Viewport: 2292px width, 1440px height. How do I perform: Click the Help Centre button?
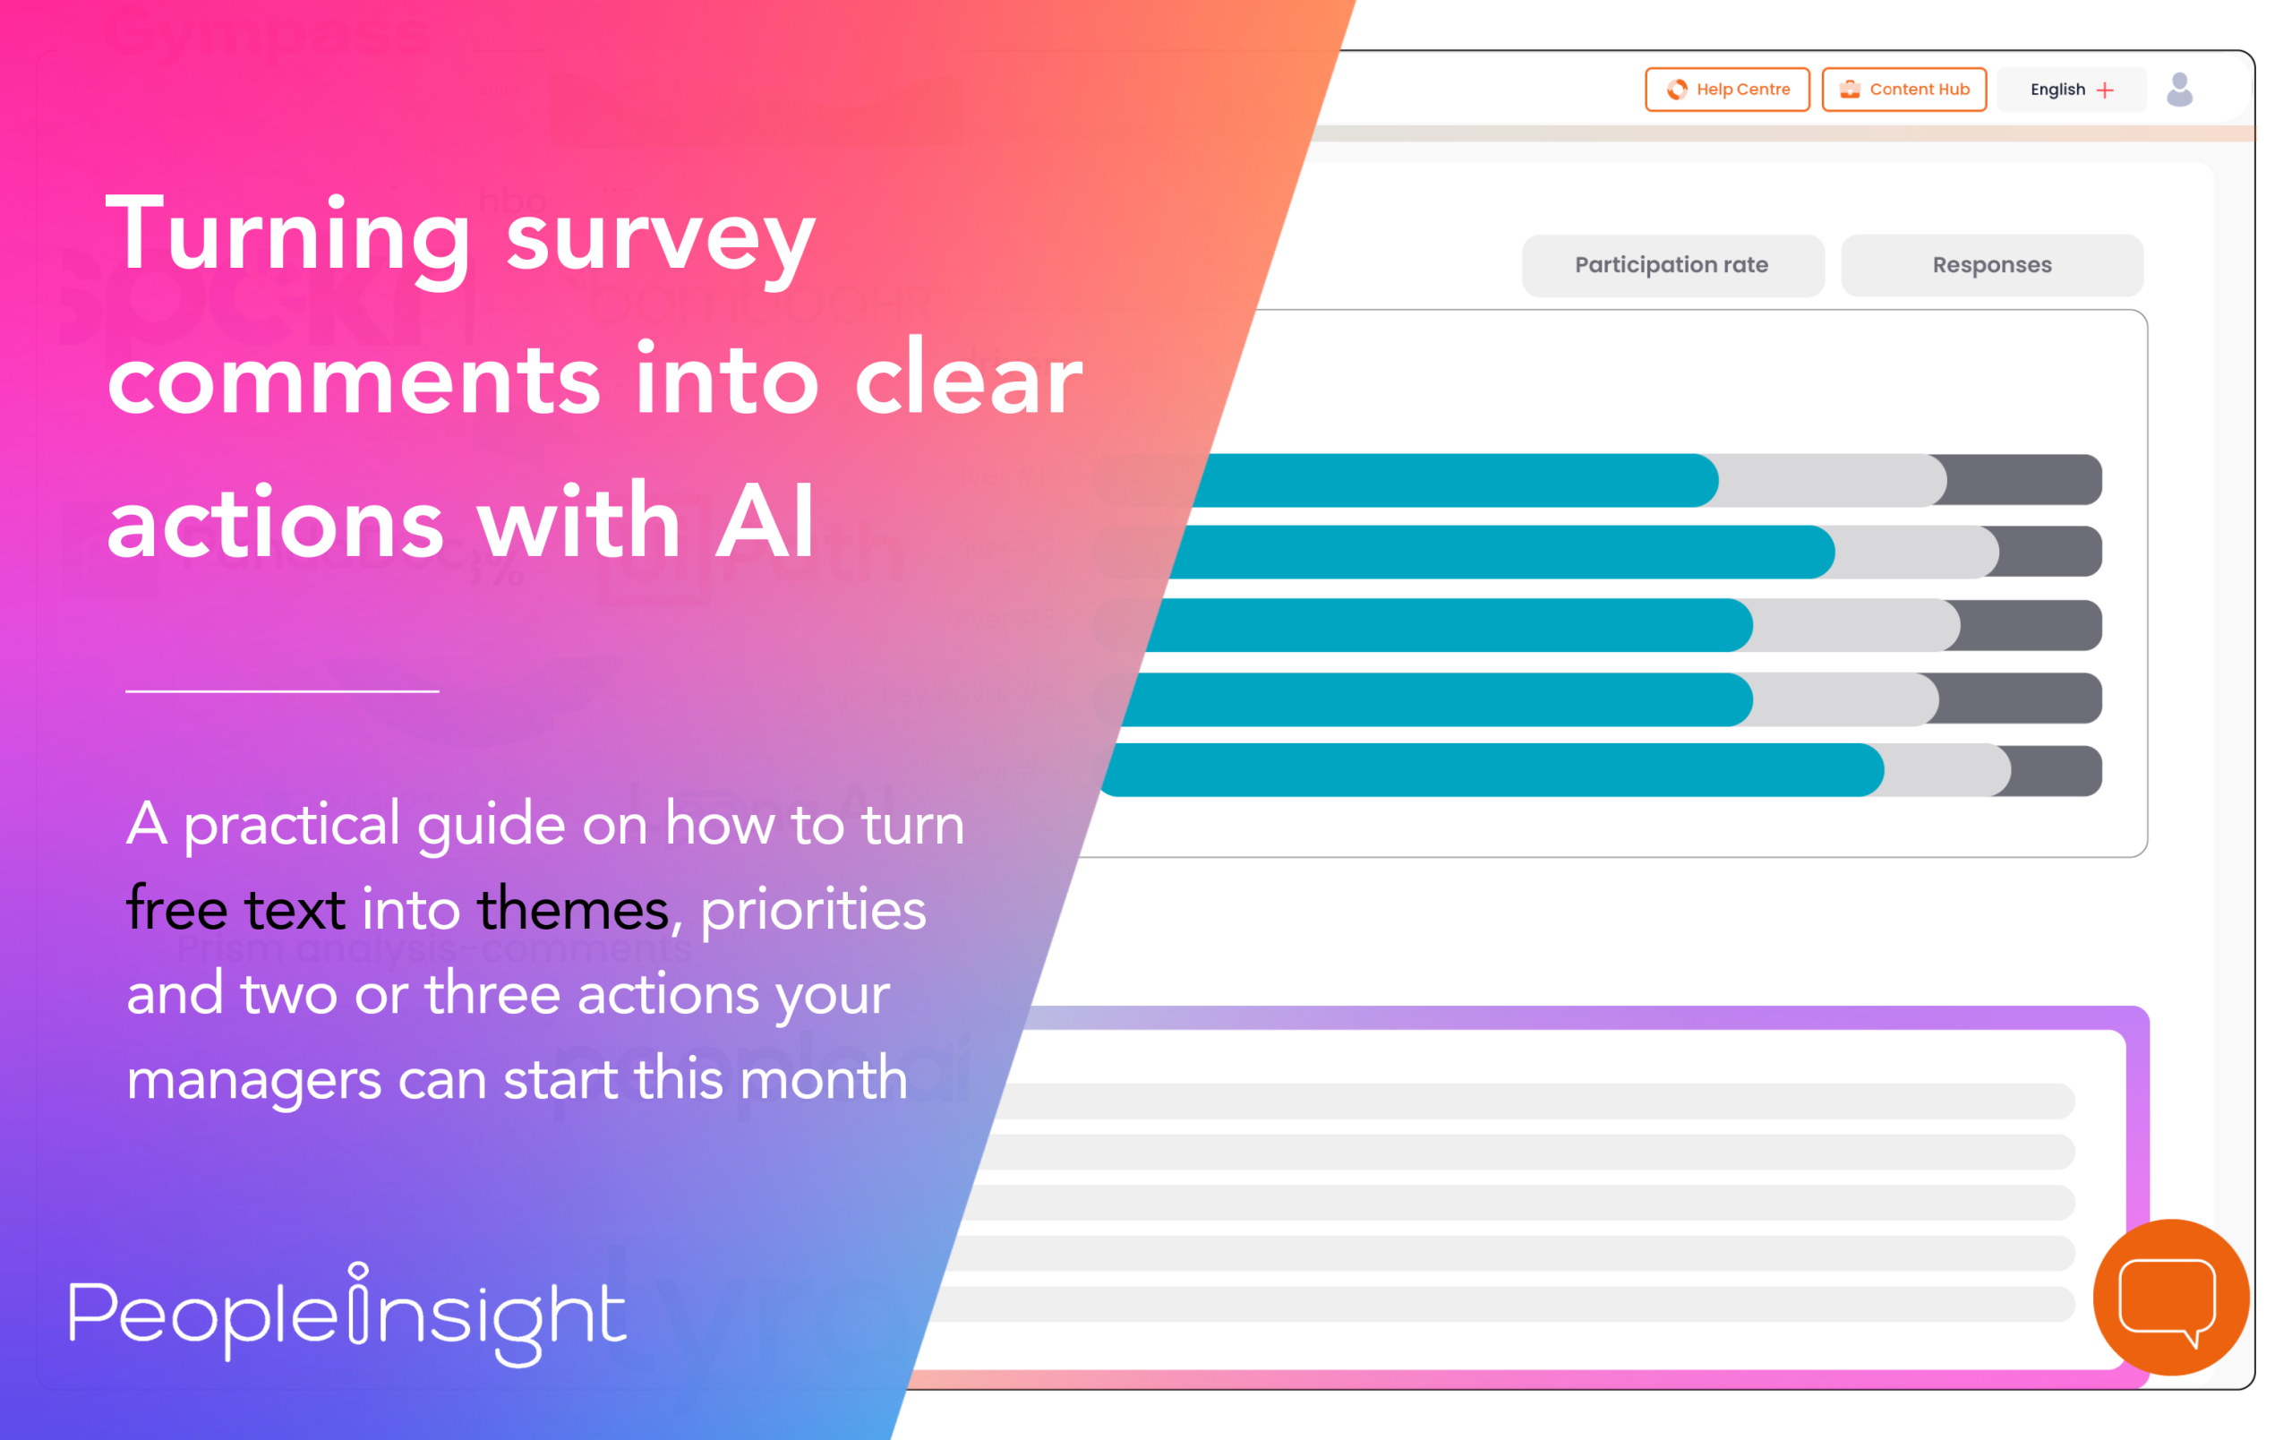pos(1727,90)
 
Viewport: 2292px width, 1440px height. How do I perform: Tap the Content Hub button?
pos(1903,90)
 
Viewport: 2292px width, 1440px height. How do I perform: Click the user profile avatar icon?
pos(2180,90)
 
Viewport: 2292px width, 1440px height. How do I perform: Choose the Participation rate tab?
pos(1672,266)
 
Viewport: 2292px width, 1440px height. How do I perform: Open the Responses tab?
pos(1991,266)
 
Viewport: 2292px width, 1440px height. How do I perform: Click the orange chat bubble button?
pos(2170,1297)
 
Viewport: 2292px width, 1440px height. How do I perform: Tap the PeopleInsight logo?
pos(347,1314)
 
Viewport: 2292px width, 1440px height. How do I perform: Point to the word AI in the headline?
pos(765,521)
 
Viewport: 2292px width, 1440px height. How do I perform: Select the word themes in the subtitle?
pos(573,909)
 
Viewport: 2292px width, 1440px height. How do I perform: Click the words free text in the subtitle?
pos(235,909)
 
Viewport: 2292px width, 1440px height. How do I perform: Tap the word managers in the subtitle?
pos(253,1079)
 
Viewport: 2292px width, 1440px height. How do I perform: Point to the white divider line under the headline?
pos(282,691)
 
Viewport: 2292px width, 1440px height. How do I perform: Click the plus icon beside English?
pos(2106,90)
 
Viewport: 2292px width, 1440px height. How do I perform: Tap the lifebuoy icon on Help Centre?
pos(1677,90)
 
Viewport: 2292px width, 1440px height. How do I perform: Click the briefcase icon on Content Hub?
pos(1850,90)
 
